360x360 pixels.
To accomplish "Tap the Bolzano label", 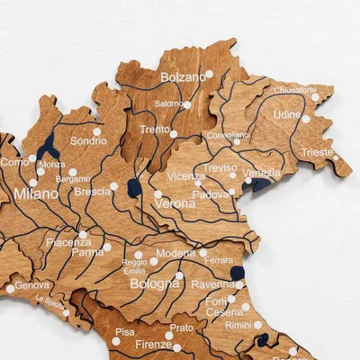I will click(x=183, y=77).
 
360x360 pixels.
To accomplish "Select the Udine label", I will click(x=286, y=115).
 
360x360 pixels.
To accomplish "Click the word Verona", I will click(x=175, y=202).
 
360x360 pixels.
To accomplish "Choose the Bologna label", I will click(x=155, y=284).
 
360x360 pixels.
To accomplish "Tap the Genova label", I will click(x=32, y=285).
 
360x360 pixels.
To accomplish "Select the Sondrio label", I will click(x=88, y=141).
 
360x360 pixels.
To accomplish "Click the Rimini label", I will click(x=238, y=325).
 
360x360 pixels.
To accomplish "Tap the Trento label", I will click(x=155, y=130).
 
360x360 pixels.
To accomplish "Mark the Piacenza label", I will click(x=68, y=242).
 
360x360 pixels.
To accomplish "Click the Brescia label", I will click(x=94, y=192).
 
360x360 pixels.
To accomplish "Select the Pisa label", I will click(x=125, y=332).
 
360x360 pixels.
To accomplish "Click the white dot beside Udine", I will click(x=306, y=118).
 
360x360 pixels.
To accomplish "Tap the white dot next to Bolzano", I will click(x=210, y=74).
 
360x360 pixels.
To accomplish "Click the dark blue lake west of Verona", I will click(x=134, y=189).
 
